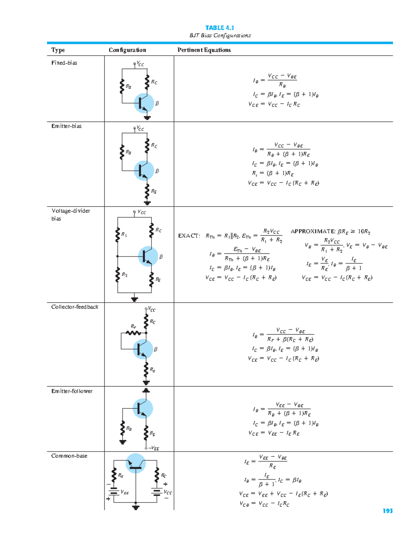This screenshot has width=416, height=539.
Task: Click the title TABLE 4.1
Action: [x=219, y=28]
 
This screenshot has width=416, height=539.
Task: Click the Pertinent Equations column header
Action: [x=204, y=50]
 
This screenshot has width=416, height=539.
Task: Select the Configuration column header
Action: [x=127, y=50]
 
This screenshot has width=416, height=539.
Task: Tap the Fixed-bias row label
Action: [x=64, y=63]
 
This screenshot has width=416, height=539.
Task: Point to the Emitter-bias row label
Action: [x=66, y=126]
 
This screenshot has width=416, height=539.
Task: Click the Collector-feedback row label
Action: [x=75, y=307]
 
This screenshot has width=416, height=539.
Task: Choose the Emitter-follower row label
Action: [x=72, y=391]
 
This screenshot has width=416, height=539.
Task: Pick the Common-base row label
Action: [x=69, y=456]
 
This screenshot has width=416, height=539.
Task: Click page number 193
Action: [x=388, y=511]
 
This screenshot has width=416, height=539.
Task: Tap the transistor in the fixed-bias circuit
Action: [x=144, y=103]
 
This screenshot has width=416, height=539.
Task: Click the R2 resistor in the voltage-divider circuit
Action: [x=118, y=275]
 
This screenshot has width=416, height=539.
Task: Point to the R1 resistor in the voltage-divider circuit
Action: [x=118, y=235]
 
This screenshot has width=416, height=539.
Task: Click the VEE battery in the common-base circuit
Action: [x=114, y=492]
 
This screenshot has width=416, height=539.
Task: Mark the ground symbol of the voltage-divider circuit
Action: [x=135, y=299]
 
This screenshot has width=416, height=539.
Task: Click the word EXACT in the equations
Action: [x=189, y=236]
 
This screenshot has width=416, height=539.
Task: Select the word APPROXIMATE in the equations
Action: [x=313, y=231]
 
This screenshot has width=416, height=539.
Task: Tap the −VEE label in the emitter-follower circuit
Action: [x=154, y=448]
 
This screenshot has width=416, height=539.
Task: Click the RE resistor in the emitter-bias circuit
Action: [x=147, y=191]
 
